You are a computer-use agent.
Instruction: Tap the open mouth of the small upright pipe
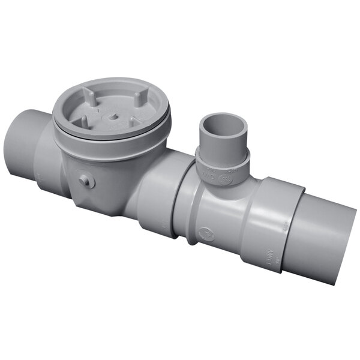(224, 124)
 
